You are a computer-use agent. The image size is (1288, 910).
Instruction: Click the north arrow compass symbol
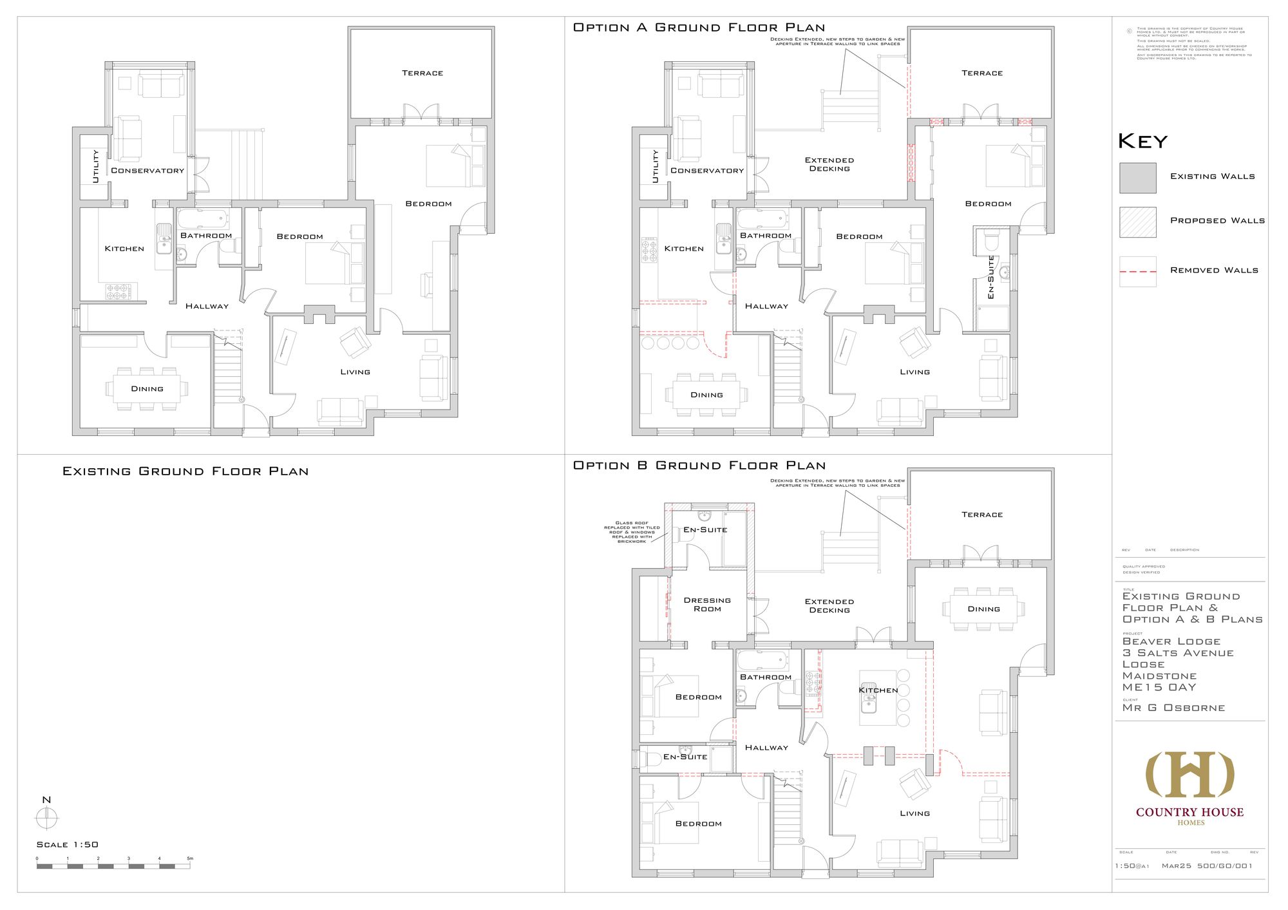(46, 819)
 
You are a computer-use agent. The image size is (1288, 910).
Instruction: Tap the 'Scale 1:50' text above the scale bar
(68, 844)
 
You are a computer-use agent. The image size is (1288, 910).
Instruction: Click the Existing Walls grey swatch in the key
(1138, 178)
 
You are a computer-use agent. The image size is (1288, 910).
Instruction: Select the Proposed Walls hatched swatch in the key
(1138, 222)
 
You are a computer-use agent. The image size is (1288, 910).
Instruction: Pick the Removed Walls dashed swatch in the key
(1138, 271)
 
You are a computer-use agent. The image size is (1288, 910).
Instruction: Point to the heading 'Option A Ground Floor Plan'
(699, 28)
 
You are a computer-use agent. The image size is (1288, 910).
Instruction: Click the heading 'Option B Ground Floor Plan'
(699, 466)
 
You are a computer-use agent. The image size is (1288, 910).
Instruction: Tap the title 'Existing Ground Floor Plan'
(185, 471)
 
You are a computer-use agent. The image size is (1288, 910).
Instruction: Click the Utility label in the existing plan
(96, 166)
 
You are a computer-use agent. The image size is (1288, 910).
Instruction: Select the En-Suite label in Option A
(991, 277)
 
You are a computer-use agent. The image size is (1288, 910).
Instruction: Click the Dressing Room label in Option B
(707, 604)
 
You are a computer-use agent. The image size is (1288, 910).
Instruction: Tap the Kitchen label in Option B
(878, 690)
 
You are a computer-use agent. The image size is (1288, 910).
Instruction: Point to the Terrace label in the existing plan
(422, 73)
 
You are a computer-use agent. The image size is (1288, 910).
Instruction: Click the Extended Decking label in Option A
(829, 164)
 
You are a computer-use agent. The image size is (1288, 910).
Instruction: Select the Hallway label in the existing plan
(207, 306)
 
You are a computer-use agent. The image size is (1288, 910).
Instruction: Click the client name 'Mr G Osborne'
(1173, 708)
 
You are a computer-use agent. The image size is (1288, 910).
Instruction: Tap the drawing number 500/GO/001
(1225, 866)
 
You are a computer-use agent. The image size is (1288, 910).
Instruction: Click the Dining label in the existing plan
(147, 389)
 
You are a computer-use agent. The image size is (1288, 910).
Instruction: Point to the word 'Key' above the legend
(1142, 141)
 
